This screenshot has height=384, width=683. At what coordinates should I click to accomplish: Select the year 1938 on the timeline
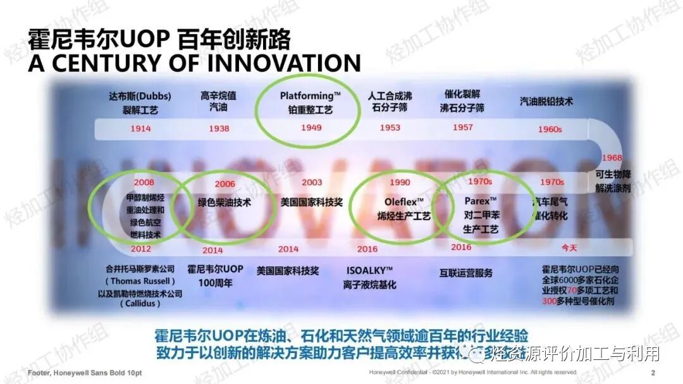tap(219, 129)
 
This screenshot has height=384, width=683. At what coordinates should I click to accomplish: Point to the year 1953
tap(390, 128)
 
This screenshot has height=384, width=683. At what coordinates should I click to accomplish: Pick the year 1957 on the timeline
tap(463, 128)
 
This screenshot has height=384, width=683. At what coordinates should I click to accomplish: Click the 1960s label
tap(550, 129)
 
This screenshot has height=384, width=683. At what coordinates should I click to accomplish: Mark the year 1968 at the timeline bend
tap(612, 158)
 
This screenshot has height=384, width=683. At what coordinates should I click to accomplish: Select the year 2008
tap(144, 183)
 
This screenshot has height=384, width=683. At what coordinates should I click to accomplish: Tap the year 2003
tap(312, 183)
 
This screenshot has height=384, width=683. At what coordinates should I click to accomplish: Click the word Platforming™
tap(311, 96)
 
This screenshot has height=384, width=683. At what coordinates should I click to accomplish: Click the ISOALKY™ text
tap(370, 270)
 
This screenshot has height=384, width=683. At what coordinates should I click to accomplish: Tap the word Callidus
tap(140, 304)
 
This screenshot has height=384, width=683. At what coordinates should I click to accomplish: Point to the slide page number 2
tap(653, 373)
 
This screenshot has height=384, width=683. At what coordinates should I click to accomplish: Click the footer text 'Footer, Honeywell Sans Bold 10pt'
tap(85, 373)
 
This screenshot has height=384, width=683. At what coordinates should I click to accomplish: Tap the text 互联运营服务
tap(465, 273)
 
